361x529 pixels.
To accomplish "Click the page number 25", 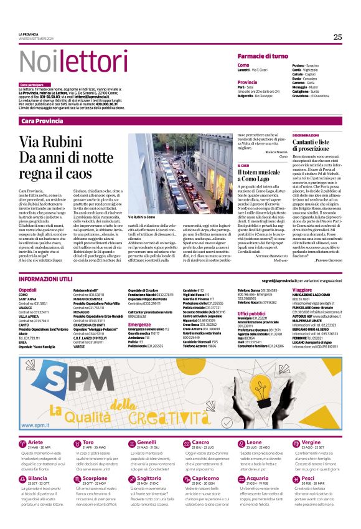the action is tap(337, 37).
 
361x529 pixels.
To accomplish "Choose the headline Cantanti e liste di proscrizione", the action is tap(314, 145).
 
